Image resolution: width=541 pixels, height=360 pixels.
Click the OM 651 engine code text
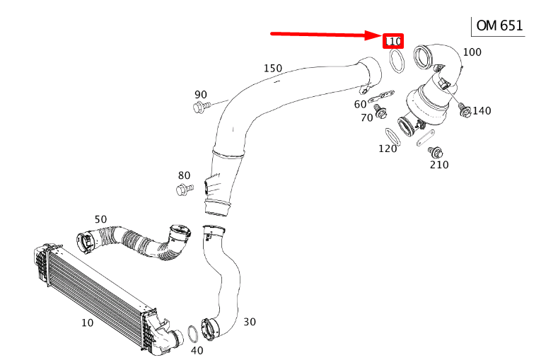(499, 26)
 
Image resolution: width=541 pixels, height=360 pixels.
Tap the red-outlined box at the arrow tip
(393, 42)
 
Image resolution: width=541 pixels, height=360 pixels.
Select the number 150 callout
(273, 69)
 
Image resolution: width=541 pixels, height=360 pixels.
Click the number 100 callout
(472, 52)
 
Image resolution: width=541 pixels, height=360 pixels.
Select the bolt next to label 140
(464, 109)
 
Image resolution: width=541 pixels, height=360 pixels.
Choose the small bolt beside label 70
(380, 112)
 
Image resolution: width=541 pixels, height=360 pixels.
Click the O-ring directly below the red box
(397, 63)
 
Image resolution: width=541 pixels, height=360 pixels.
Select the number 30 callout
(250, 322)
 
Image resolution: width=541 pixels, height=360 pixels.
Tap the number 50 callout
(101, 219)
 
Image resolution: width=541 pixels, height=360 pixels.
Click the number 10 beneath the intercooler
(87, 323)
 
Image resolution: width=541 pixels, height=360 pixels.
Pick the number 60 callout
(361, 105)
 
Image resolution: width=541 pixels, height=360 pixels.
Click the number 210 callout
(439, 165)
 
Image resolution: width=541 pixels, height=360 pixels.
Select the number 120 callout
(388, 149)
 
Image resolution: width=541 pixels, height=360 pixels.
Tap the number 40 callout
(197, 350)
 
